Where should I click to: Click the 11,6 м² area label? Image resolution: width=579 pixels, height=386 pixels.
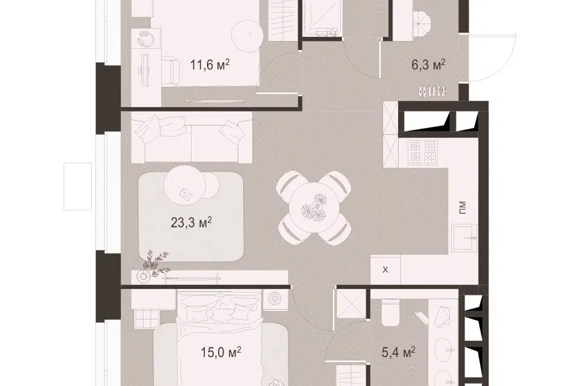(x=210, y=65)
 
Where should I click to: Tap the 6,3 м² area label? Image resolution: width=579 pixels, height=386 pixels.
(x=428, y=65)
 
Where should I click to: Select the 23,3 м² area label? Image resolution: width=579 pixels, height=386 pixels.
(x=191, y=223)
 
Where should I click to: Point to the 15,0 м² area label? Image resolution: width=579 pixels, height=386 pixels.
(x=221, y=352)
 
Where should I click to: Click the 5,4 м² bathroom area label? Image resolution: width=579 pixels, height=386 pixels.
(x=399, y=352)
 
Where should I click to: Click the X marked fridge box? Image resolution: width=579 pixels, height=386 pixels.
(x=385, y=270)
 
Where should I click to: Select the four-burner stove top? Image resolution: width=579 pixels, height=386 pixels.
(x=422, y=152)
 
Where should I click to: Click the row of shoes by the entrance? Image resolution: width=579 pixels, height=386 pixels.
(x=431, y=91)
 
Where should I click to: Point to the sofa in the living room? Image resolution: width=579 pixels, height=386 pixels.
(x=192, y=138)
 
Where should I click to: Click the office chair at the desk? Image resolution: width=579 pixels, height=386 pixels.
(x=170, y=70)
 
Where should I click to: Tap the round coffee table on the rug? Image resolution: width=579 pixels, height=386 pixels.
(x=185, y=183)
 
